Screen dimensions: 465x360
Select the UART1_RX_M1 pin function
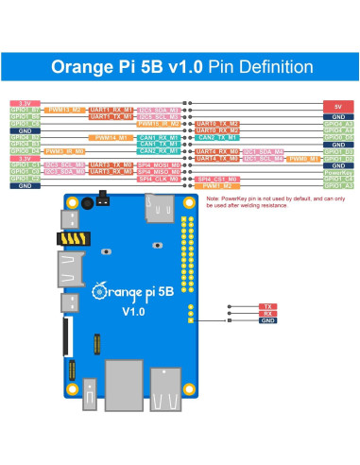tap(111, 110)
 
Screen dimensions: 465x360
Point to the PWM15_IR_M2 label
tap(158, 123)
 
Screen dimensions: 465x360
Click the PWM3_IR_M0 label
tap(66, 150)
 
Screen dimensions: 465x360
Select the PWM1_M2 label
tap(217, 185)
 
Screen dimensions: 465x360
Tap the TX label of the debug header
tap(268, 307)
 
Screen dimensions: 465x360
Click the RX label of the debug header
tap(268, 314)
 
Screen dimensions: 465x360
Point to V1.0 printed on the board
tap(131, 310)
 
